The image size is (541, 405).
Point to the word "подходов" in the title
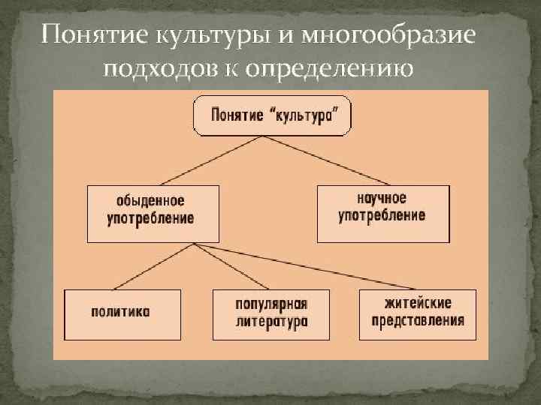point(168,70)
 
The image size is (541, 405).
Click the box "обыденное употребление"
point(153,213)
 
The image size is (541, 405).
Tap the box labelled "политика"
point(122,313)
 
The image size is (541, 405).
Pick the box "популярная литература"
point(271,313)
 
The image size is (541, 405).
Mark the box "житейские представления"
point(417,313)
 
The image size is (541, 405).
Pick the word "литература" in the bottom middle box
point(271,322)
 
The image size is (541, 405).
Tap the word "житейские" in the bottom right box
point(417,305)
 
